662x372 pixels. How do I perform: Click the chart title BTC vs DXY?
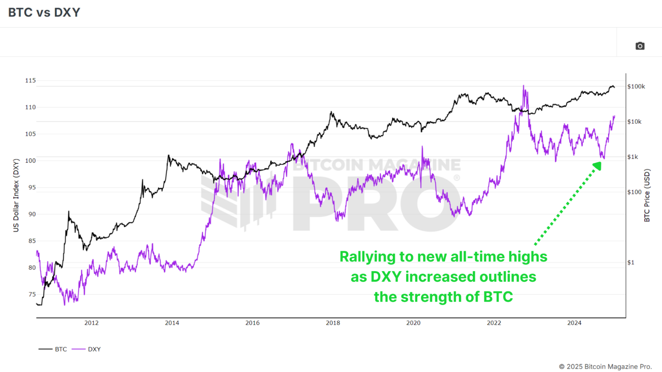tap(44, 13)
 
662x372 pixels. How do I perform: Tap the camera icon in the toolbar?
tap(640, 46)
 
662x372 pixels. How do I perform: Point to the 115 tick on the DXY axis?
tap(30, 80)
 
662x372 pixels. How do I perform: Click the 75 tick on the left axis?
tap(32, 294)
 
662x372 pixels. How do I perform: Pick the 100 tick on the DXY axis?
tap(30, 161)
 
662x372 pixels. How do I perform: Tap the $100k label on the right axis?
tap(636, 87)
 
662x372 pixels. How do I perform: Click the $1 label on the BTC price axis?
tap(631, 263)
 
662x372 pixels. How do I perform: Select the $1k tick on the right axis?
tap(633, 157)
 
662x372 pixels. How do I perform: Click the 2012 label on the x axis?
tap(91, 323)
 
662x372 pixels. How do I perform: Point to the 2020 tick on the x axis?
tap(413, 323)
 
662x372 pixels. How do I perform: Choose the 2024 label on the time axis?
tap(574, 323)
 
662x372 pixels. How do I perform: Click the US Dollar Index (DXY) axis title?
tap(16, 195)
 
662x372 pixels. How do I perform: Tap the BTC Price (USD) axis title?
tap(647, 195)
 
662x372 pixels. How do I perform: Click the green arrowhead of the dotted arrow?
tap(597, 166)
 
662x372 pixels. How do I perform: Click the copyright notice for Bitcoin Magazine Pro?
tap(605, 366)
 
